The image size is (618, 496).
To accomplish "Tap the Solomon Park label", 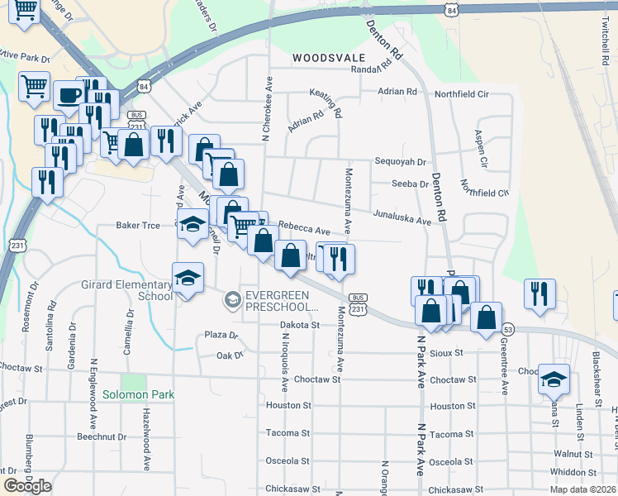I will (x=139, y=394).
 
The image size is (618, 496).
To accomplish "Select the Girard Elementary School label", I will (x=126, y=290).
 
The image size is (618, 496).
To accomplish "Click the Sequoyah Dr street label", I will (x=400, y=162).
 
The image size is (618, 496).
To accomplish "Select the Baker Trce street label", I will (x=138, y=225).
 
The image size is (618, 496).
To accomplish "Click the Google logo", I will (x=27, y=485).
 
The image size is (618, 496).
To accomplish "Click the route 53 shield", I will (x=508, y=328).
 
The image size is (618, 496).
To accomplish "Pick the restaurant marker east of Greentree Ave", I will (x=540, y=293).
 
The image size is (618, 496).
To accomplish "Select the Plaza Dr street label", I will (x=221, y=336).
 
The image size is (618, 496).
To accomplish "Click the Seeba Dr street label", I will (x=411, y=184).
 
